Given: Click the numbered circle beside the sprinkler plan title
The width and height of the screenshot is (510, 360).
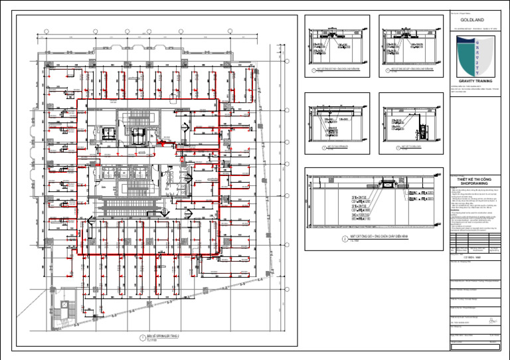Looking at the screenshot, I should (141, 339).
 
